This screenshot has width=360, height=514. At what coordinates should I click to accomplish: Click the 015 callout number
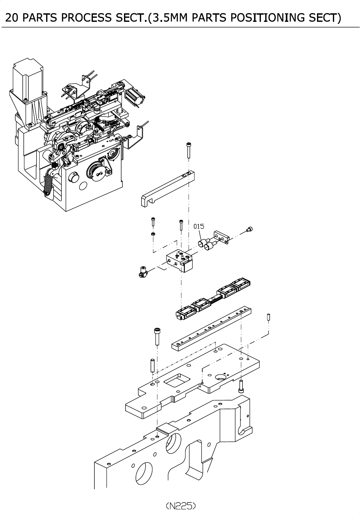point(199,226)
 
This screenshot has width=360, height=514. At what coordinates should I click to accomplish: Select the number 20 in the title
point(12,18)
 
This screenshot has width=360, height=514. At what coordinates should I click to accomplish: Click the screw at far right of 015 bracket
point(250,229)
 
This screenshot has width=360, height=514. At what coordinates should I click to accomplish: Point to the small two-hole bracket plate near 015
point(222,237)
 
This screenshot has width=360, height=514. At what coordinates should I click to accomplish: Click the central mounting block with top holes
point(180,260)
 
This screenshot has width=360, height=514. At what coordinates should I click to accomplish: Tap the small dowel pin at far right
point(269,317)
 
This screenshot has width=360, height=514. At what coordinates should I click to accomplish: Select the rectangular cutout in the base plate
point(177,380)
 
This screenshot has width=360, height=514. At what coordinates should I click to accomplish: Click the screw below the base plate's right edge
point(241,386)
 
